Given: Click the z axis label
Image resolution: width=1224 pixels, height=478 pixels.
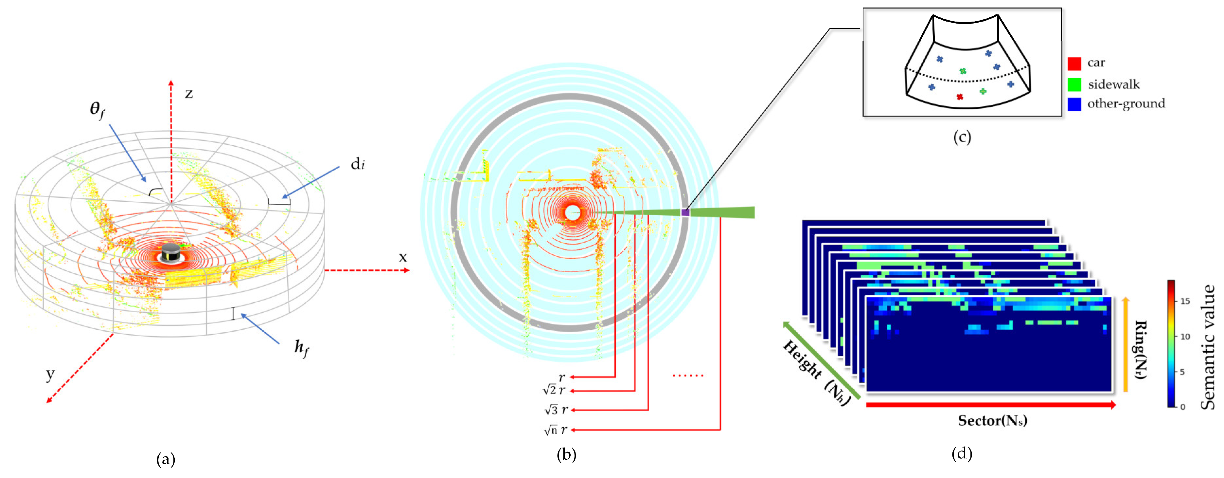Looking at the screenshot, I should coord(189,94).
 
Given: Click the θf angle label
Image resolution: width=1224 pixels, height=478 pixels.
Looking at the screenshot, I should coord(98,110).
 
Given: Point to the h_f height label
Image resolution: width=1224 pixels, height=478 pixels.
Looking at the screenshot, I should coord(301,348).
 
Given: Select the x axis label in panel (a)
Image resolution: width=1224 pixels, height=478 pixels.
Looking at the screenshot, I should coord(402,257).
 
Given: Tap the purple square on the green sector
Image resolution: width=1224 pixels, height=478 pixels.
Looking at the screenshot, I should coord(685,212).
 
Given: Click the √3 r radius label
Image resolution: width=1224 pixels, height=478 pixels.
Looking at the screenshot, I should coord(555,410).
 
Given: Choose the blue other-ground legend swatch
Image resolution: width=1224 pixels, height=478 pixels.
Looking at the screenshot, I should coord(1074,104).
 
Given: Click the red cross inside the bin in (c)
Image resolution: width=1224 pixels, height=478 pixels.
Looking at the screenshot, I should coord(959,97).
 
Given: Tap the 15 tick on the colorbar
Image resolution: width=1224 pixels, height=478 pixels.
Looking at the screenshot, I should coord(1185,301).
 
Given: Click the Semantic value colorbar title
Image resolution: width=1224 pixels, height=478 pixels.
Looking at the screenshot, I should coord(1207,347).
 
